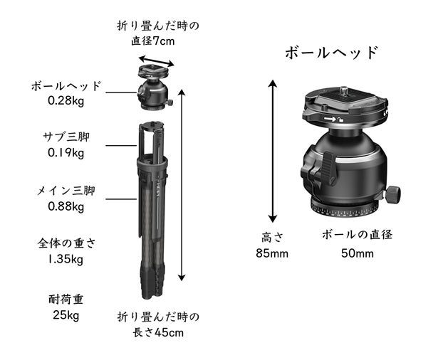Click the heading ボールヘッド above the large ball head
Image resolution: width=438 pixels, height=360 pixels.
click(x=332, y=53)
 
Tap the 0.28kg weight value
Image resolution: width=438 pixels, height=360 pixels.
click(x=66, y=101)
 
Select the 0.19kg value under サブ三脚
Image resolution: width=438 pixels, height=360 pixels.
click(x=66, y=153)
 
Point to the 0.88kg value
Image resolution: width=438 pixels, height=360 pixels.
click(x=66, y=207)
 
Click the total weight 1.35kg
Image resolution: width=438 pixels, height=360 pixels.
click(x=66, y=259)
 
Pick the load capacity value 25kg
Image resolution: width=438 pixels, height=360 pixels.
click(x=66, y=315)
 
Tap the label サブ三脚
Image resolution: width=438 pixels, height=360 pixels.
click(x=66, y=137)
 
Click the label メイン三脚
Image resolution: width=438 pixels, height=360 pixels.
click(x=66, y=191)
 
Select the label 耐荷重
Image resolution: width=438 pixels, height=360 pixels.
click(x=66, y=300)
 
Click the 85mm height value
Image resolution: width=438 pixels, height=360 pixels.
click(x=272, y=253)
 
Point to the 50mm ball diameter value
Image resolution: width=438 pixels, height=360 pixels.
click(x=358, y=253)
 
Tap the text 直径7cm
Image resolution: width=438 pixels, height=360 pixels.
click(x=153, y=41)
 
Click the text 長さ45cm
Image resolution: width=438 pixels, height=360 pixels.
click(x=158, y=333)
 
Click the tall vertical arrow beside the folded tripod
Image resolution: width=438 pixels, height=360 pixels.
click(x=182, y=185)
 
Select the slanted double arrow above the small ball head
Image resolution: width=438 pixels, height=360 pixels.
click(x=157, y=61)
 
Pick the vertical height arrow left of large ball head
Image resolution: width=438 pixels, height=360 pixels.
click(x=273, y=151)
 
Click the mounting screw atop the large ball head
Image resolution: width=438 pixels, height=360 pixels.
click(x=344, y=90)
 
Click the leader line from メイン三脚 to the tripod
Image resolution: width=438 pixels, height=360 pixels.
click(x=121, y=199)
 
